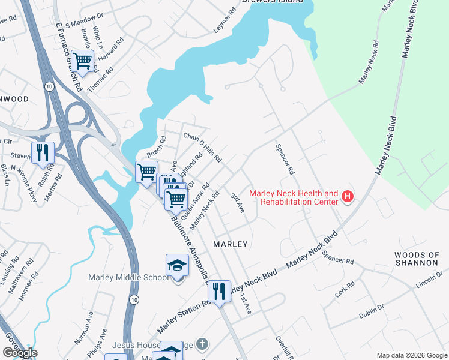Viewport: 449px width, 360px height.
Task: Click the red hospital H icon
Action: pyautogui.click(x=346, y=196)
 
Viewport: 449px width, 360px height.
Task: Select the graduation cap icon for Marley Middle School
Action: pyautogui.click(x=177, y=265)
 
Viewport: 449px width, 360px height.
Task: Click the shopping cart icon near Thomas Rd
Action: pyautogui.click(x=82, y=61)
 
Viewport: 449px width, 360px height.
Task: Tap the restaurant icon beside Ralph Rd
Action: pyautogui.click(x=43, y=152)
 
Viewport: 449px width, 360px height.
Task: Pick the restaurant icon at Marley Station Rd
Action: pyautogui.click(x=219, y=292)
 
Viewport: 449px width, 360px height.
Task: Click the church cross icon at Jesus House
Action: pyautogui.click(x=203, y=345)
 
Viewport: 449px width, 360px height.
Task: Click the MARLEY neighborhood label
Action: pyautogui.click(x=231, y=244)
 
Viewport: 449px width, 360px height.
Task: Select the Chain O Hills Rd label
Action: pyautogui.click(x=202, y=148)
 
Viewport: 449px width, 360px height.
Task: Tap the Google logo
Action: pyautogui.click(x=20, y=353)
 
